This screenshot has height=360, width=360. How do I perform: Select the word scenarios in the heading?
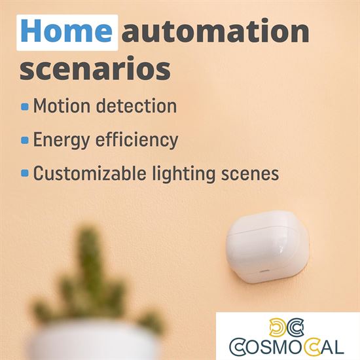pos(95,69)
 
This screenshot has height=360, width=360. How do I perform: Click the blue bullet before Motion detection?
pos(25,106)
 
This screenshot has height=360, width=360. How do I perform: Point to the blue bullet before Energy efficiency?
pos(25,140)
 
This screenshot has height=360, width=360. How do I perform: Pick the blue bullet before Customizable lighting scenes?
pos(25,173)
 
